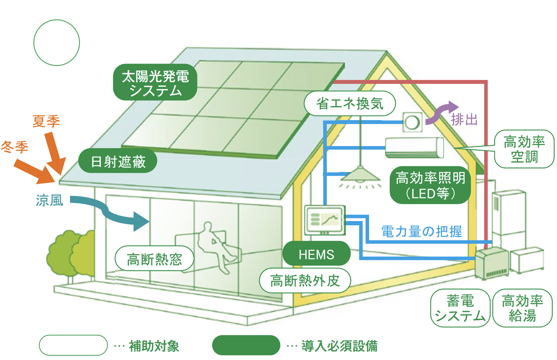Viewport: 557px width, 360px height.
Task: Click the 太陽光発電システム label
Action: pos(155,82)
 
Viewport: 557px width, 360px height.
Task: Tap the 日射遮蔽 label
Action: pos(118,161)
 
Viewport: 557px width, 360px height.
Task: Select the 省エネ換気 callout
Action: pos(350,103)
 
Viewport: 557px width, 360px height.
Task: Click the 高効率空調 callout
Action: pos(524,149)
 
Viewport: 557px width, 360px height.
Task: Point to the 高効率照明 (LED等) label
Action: pos(430,185)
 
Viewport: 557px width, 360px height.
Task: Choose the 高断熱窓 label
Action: pos(154,259)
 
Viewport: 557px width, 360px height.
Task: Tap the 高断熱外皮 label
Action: pos(305,281)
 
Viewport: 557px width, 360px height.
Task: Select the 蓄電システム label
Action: pos(460,308)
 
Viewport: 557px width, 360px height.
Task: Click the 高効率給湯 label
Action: pos(522,308)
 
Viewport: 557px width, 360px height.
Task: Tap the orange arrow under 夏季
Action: pos(55,153)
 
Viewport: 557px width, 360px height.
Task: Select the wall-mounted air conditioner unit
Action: pos(414,147)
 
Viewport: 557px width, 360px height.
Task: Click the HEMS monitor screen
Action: pos(325,220)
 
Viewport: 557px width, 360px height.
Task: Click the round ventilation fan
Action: pos(412,123)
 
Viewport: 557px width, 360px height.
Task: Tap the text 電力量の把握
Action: pos(421,231)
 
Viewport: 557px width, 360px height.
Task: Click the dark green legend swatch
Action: pos(246,345)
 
